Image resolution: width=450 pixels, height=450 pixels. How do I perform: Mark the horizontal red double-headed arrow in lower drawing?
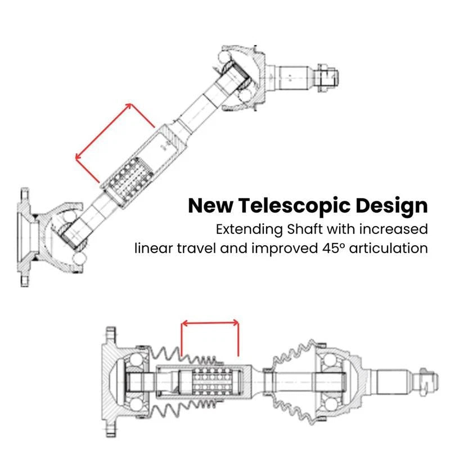pyautogui.click(x=210, y=323)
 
